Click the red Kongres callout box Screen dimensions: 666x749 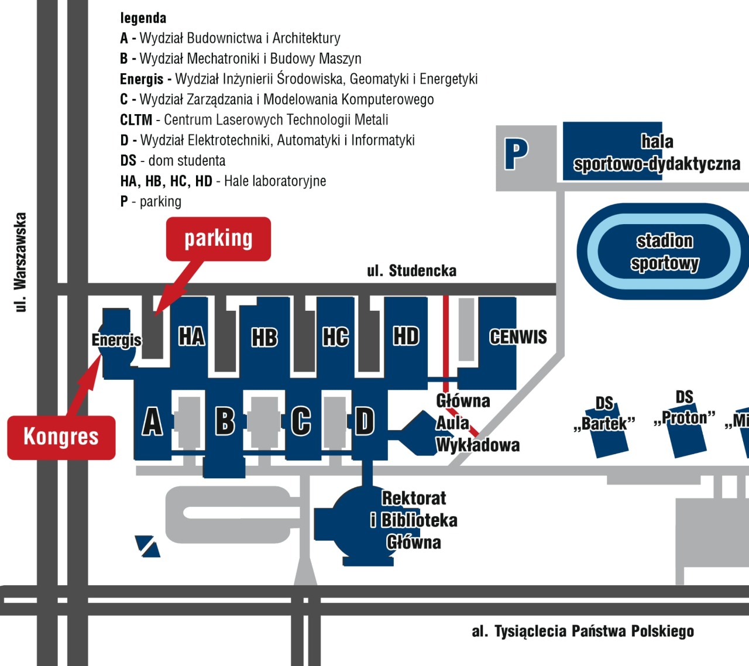61,437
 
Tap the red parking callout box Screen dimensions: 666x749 218,239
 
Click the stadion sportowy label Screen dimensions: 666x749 665,252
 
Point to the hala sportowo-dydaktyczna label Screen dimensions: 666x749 657,153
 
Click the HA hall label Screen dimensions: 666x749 191,337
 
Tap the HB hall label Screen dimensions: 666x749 264,338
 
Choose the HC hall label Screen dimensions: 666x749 336,337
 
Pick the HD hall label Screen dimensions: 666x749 406,337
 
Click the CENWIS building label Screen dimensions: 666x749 518,337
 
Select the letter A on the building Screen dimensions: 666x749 153,421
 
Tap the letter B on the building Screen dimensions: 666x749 225,421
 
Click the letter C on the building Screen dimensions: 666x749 301,421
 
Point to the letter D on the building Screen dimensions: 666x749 365,421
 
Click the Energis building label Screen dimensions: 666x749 116,340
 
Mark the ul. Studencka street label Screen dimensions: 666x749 411,271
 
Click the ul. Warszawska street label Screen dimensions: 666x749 20,262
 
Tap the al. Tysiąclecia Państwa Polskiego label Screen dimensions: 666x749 583,631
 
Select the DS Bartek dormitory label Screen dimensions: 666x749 604,413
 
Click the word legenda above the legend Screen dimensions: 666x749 143,18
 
